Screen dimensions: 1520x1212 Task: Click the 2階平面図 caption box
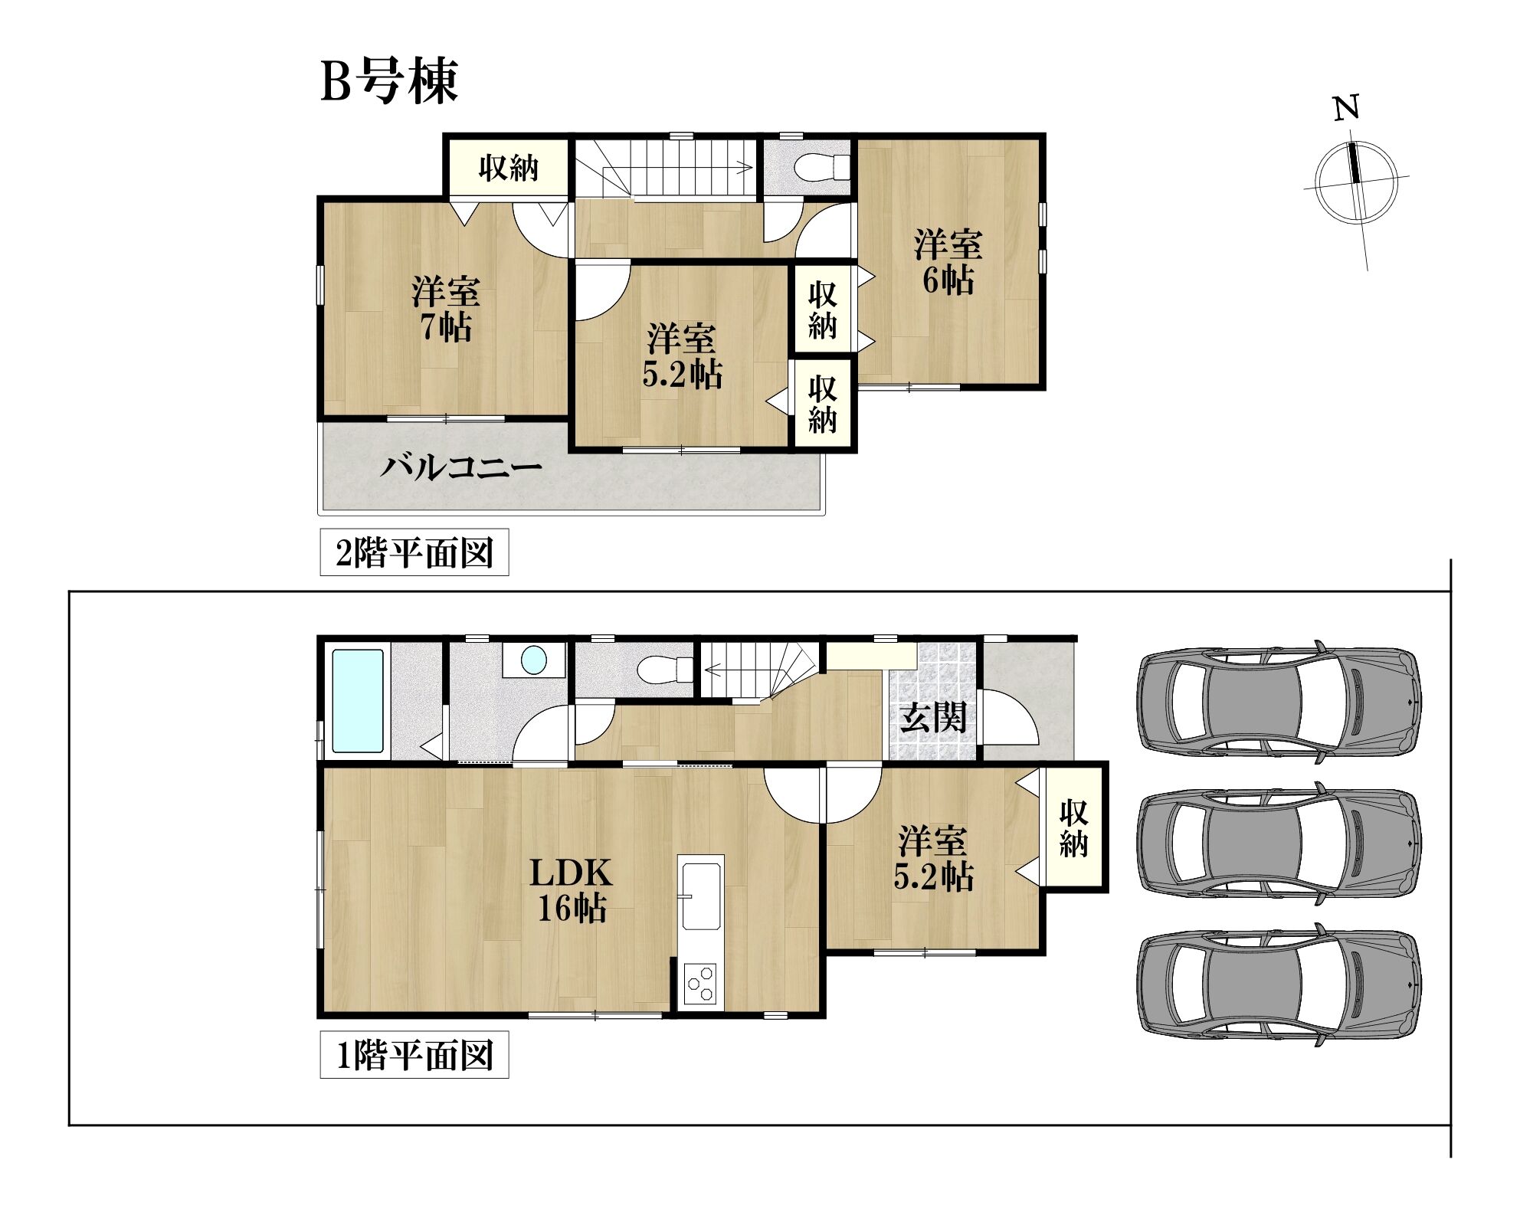click(x=414, y=552)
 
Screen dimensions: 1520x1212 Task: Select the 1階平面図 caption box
click(x=414, y=1056)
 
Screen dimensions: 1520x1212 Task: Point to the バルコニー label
click(x=461, y=467)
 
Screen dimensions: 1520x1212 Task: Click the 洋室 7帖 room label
click(x=445, y=309)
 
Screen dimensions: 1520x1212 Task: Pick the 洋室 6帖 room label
click(x=948, y=262)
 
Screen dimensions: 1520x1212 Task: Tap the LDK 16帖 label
click(x=572, y=890)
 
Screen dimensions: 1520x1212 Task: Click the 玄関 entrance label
click(x=932, y=718)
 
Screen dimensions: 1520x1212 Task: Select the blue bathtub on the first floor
click(x=358, y=701)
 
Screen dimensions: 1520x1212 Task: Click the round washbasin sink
click(x=533, y=660)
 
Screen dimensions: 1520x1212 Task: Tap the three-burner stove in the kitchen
click(x=700, y=985)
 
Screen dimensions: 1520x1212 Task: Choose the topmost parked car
click(x=1279, y=702)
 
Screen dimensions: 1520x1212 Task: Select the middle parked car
click(x=1279, y=843)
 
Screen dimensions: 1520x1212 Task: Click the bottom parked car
click(x=1279, y=984)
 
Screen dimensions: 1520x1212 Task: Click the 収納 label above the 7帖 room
click(x=509, y=168)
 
